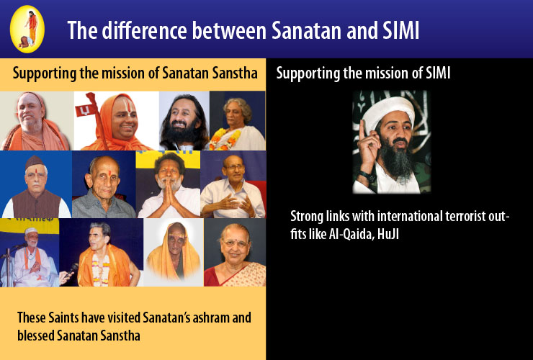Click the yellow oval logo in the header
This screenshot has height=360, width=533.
[27, 30]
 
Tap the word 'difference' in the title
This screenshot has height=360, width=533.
[144, 30]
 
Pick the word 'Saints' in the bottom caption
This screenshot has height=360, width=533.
[63, 318]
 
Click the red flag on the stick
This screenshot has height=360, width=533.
[85, 110]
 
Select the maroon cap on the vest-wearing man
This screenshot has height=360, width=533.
[35, 162]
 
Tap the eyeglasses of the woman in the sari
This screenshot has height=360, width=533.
[236, 243]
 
